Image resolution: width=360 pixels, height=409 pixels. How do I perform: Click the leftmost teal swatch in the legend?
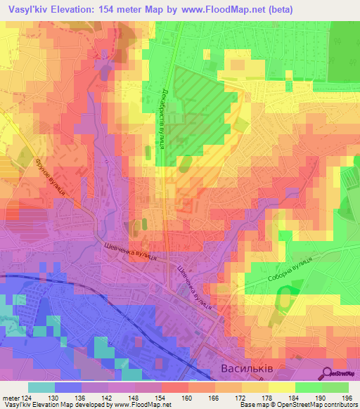tap(41, 387)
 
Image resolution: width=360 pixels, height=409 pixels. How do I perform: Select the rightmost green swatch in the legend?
tap(335, 387)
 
